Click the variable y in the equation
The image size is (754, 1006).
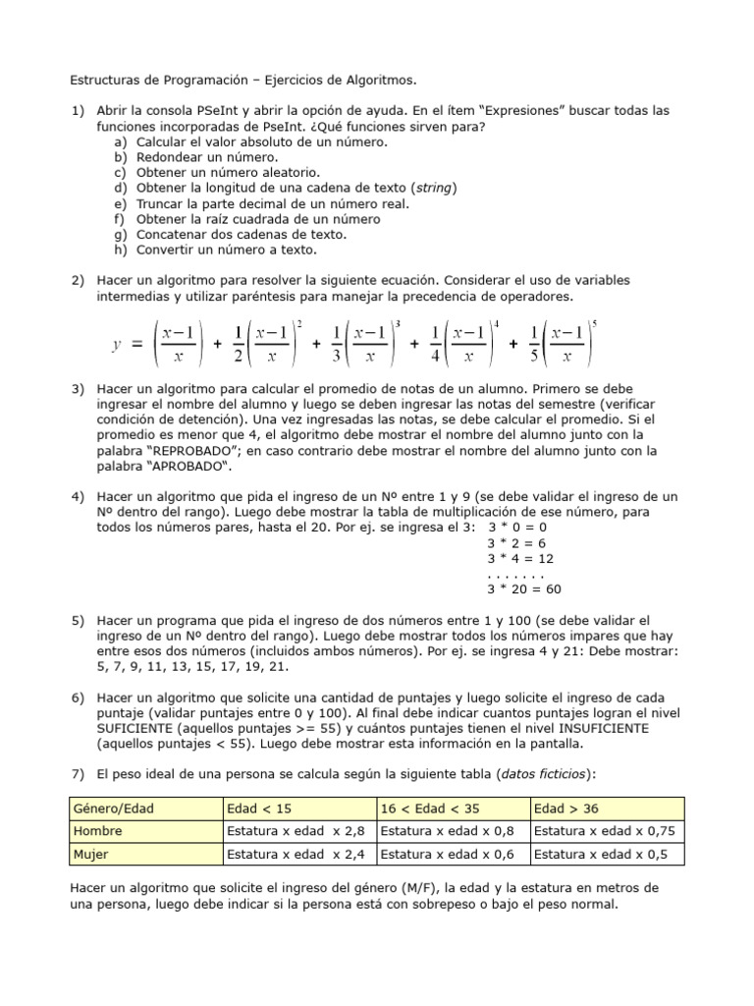coord(117,344)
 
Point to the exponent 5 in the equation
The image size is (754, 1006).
coord(593,323)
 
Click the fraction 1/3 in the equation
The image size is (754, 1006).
coord(337,344)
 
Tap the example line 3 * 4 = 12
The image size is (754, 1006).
coord(520,558)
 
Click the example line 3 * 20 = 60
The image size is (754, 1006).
coord(523,589)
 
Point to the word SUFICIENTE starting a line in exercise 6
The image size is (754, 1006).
coord(137,728)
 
